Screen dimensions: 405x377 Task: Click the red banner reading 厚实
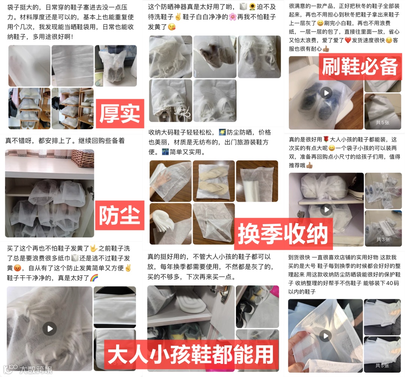120,113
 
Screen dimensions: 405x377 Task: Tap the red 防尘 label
120,215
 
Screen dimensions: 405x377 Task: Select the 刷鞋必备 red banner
360,67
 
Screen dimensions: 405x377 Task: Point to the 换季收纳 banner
283,234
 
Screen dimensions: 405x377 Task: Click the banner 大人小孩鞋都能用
191,354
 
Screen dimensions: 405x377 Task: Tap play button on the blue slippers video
326,93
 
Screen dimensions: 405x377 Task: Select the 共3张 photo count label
383,240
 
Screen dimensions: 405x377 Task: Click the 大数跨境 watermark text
36,370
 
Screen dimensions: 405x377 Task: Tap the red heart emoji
348,40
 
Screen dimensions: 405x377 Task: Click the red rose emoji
326,140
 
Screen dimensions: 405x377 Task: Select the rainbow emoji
94,278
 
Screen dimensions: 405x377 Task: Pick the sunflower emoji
252,7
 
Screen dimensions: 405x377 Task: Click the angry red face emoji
17,268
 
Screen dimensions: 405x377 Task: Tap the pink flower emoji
233,17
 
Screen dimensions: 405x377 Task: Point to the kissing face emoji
172,27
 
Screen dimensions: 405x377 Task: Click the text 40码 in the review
393,283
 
